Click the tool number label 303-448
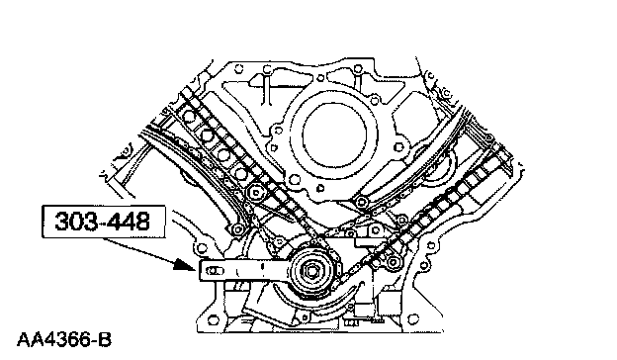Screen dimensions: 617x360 pos(103,222)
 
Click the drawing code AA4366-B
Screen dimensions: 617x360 pos(64,340)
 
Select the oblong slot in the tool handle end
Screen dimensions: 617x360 pos(214,271)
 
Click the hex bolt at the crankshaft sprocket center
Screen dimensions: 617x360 pos(311,271)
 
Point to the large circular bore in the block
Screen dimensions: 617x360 pos(334,135)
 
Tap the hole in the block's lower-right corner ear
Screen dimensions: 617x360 pos(412,317)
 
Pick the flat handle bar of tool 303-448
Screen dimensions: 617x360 pos(245,271)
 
